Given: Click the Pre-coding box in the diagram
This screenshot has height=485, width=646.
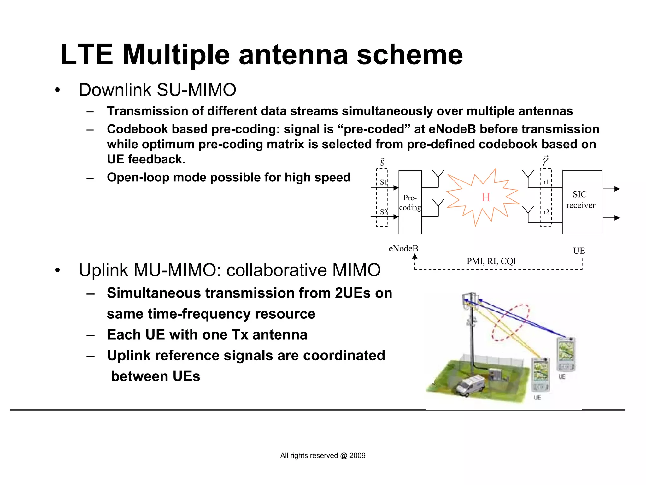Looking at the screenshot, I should [410, 202].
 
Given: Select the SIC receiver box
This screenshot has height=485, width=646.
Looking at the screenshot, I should [582, 202].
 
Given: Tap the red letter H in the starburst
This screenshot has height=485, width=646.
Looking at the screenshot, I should [486, 198].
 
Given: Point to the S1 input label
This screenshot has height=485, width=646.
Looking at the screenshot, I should [383, 182].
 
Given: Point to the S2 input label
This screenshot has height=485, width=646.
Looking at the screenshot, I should [383, 212].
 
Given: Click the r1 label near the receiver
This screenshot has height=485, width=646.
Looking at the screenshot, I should [546, 182].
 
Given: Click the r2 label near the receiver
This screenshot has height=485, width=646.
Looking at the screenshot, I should [546, 212].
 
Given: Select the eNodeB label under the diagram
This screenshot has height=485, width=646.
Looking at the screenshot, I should [403, 249].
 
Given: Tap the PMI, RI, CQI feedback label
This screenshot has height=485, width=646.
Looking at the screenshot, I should [491, 261].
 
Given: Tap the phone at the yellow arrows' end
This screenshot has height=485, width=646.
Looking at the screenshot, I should [541, 374].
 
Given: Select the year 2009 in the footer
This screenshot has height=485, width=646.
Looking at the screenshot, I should [357, 456].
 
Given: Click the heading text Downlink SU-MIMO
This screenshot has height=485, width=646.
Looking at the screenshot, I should [157, 90].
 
